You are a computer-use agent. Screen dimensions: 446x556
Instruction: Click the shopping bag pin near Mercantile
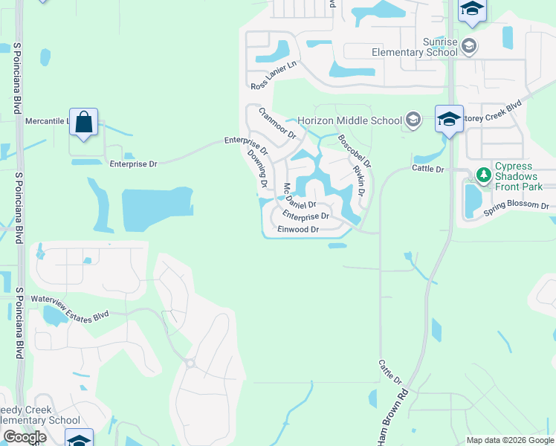[84, 122]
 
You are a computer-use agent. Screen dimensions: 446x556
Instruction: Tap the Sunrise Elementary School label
[416, 47]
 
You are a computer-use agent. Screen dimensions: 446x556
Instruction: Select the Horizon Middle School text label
[349, 120]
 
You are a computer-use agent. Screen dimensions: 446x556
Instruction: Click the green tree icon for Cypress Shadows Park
[484, 175]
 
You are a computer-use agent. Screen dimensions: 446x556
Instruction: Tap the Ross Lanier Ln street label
[274, 77]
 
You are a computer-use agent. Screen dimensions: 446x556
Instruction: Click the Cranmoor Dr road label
[278, 123]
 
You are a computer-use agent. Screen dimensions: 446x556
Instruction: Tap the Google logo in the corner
[24, 437]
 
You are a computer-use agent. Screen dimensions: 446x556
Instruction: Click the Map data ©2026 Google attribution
[509, 440]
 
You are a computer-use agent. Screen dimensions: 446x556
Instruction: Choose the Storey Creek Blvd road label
[494, 115]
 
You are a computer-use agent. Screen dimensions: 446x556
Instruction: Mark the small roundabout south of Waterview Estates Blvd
[190, 363]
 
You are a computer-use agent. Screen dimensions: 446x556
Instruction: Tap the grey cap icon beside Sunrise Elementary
[469, 47]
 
